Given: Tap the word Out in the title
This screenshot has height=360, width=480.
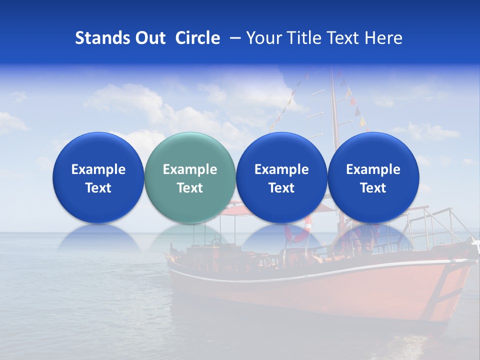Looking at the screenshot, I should [x=149, y=38].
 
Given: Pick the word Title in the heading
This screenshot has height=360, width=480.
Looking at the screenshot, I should [x=303, y=38].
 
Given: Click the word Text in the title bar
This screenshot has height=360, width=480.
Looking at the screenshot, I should [x=343, y=38].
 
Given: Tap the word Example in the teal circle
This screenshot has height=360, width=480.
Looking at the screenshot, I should [x=189, y=169].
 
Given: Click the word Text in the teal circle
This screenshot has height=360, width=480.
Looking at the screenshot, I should [x=189, y=188].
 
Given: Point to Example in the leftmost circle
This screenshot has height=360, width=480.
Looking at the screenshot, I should [x=98, y=169].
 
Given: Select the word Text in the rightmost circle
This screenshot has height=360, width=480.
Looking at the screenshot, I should [x=373, y=188].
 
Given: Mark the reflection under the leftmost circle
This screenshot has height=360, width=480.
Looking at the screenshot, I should [x=98, y=237].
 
